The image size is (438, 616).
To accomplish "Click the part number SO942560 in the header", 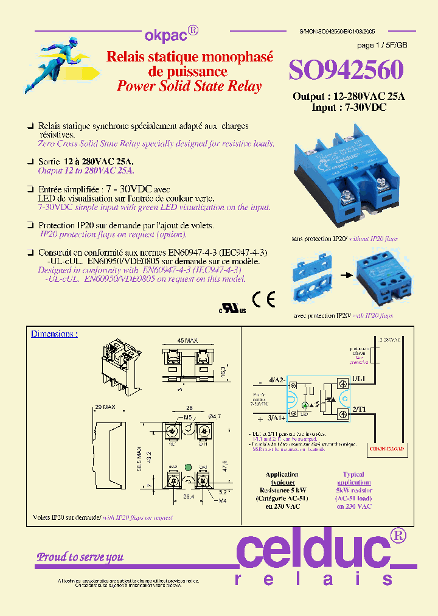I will coord(346,71).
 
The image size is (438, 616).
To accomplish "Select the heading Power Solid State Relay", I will coord(189,86).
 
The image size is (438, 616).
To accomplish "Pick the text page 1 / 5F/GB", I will coord(381,46).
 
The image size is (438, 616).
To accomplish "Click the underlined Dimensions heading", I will coord(54,334).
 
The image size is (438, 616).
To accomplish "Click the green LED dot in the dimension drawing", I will coord(187,467).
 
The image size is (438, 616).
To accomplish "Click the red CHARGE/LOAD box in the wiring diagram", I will coord(386,449).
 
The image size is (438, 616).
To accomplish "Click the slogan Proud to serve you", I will coord(80,557).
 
